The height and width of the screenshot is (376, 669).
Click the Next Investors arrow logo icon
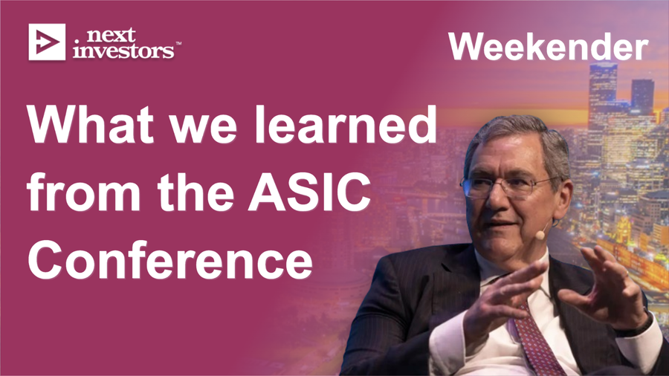(46, 42)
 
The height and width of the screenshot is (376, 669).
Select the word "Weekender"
(547, 47)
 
